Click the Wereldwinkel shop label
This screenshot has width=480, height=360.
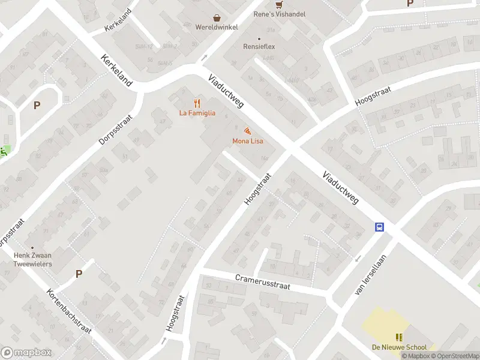[217, 27]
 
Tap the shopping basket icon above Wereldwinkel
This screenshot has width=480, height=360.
[217, 18]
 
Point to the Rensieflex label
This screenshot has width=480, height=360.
[260, 46]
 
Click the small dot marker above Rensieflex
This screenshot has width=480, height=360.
[260, 38]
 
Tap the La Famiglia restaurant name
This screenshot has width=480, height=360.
[197, 113]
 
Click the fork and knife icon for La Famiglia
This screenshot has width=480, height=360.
[197, 104]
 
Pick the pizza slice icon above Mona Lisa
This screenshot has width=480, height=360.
[247, 131]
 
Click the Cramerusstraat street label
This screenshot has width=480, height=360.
[262, 282]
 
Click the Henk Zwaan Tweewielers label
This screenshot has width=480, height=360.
[32, 259]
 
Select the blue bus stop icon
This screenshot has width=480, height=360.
[379, 227]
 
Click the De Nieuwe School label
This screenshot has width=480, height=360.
[399, 347]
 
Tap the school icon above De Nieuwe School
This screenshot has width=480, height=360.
[399, 337]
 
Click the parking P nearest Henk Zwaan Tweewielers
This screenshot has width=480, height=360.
[79, 274]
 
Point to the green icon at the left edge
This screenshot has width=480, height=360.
[4, 151]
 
